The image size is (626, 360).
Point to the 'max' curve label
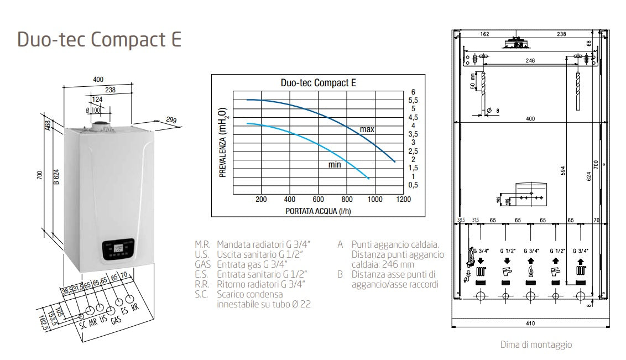(367, 129)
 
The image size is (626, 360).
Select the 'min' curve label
(334, 164)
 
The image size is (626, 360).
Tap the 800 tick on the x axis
(346, 199)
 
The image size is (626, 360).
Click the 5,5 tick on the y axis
(413, 100)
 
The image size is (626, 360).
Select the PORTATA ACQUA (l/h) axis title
(319, 211)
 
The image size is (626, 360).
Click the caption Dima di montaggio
(535, 345)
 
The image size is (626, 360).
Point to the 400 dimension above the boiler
(98, 80)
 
